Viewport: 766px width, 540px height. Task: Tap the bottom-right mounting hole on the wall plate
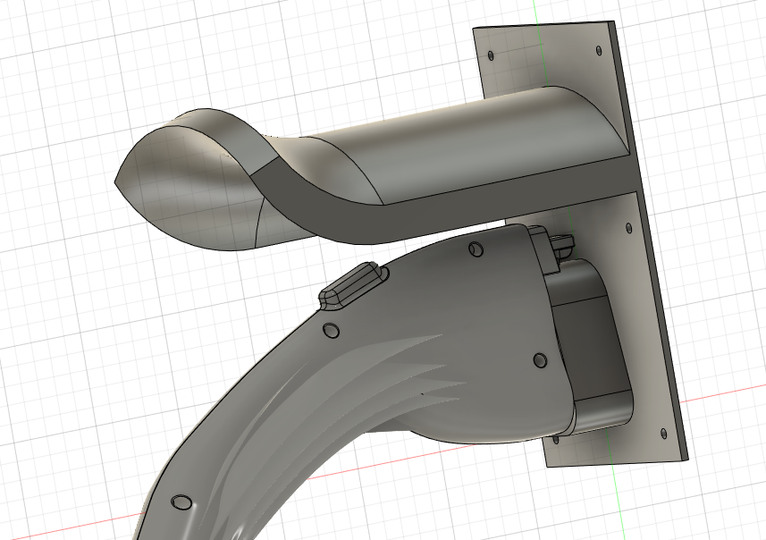662,433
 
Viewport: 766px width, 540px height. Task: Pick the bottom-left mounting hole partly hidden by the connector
557,438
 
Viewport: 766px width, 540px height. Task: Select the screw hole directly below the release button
331,332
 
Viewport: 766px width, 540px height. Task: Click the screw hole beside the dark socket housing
539,359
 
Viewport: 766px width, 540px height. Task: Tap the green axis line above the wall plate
534,11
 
